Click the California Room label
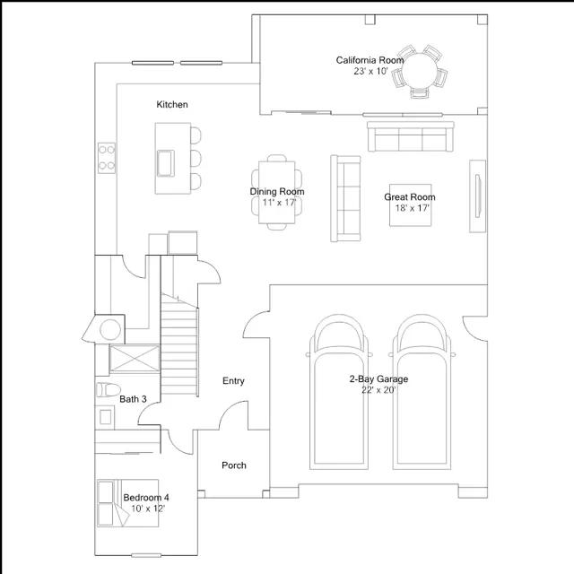[x=370, y=60]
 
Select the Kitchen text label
[x=172, y=105]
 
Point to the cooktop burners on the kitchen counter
[x=107, y=158]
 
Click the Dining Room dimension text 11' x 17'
[x=278, y=203]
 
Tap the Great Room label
[x=410, y=197]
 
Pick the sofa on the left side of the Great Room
[x=344, y=198]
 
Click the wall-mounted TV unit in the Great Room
[x=477, y=196]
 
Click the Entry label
[x=233, y=381]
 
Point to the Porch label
[x=234, y=465]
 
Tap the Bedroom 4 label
[x=146, y=498]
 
